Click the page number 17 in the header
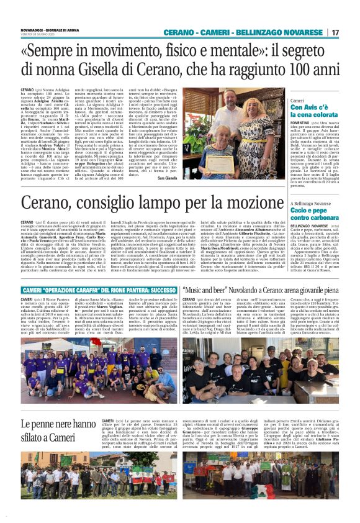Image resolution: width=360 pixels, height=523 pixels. (x=335, y=32)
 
